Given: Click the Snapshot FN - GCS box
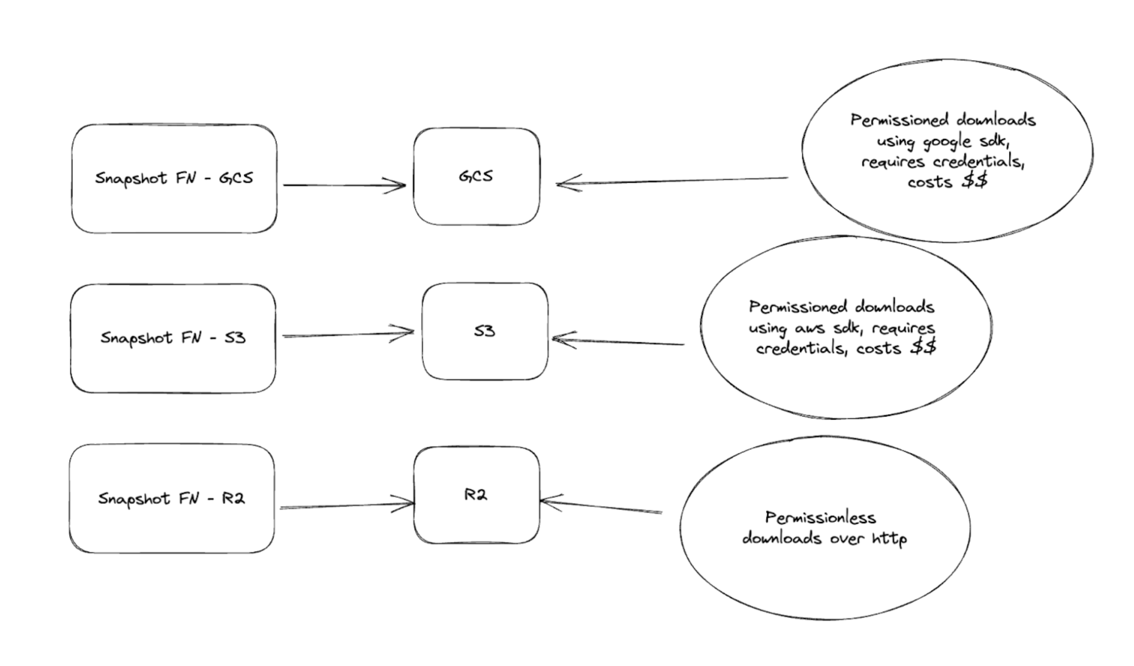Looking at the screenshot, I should click(x=174, y=179).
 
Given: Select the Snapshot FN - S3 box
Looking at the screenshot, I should click(x=173, y=339).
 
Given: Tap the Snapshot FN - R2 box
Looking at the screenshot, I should click(x=172, y=499).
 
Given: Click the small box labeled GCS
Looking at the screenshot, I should click(x=476, y=176).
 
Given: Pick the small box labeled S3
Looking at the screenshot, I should click(x=485, y=331).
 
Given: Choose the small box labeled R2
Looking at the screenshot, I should click(x=476, y=495).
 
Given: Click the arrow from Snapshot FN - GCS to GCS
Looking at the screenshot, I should click(x=344, y=185).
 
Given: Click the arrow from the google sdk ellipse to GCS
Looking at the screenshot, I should click(x=672, y=181).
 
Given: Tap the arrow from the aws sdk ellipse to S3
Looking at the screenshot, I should click(x=618, y=342).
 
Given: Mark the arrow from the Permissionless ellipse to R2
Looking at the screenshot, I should click(x=601, y=506).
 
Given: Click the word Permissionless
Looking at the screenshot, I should click(x=820, y=517).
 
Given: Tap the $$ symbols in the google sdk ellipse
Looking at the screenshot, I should click(x=975, y=182).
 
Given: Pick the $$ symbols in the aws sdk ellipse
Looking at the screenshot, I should click(x=923, y=347).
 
